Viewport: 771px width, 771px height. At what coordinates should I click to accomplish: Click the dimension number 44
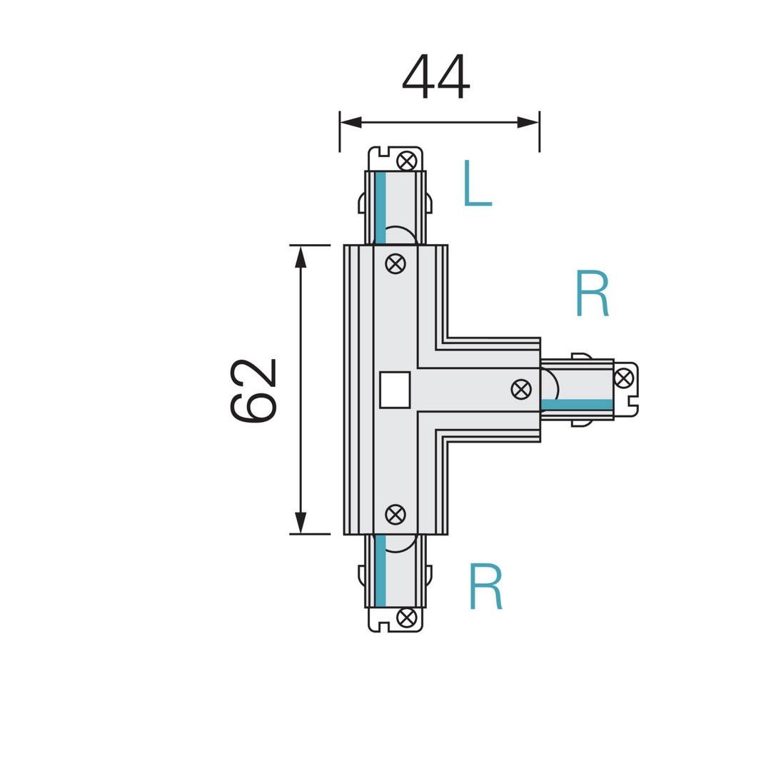pyautogui.click(x=436, y=76)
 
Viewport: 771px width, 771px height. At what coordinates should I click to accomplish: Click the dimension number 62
pyautogui.click(x=253, y=390)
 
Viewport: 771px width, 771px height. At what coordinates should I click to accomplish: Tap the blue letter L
pyautogui.click(x=478, y=183)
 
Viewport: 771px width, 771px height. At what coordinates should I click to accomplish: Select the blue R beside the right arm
pyautogui.click(x=593, y=293)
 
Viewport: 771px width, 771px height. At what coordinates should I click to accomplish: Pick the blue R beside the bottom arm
pyautogui.click(x=486, y=586)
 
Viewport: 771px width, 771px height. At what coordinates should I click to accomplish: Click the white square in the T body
pyautogui.click(x=395, y=390)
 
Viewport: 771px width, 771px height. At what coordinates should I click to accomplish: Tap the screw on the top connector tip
pyautogui.click(x=407, y=161)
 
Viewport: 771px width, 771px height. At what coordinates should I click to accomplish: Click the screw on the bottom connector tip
pyautogui.click(x=407, y=618)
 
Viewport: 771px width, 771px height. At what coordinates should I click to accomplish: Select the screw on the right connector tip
pyautogui.click(x=623, y=378)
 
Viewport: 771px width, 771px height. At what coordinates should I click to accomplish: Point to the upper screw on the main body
pyautogui.click(x=395, y=264)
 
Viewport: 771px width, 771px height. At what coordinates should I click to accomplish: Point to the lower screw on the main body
pyautogui.click(x=395, y=514)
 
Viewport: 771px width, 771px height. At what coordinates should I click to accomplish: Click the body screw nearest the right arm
pyautogui.click(x=521, y=390)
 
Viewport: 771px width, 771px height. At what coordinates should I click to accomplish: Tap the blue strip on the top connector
pyautogui.click(x=380, y=208)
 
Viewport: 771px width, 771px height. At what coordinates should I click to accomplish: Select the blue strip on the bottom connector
pyautogui.click(x=380, y=570)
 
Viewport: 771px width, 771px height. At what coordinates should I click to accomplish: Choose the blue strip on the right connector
pyautogui.click(x=578, y=405)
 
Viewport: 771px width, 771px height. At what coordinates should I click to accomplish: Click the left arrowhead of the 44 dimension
pyautogui.click(x=351, y=123)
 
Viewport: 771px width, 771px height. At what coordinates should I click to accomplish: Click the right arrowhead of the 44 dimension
pyautogui.click(x=528, y=123)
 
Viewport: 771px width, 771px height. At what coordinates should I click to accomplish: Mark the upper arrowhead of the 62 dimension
pyautogui.click(x=301, y=256)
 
